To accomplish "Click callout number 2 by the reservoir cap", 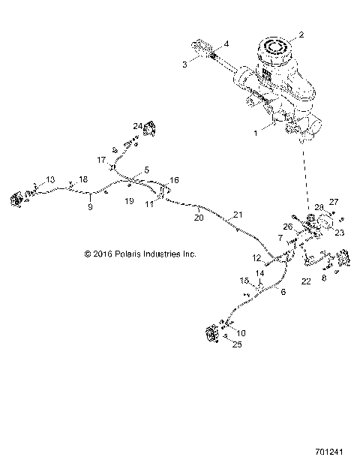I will click(301, 35).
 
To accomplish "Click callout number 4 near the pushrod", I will click(227, 43).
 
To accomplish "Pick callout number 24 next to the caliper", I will click(137, 125).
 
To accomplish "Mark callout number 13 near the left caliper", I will click(50, 179).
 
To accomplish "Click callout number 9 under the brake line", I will click(90, 206).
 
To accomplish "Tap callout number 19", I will click(129, 202).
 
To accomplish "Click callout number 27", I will click(334, 201).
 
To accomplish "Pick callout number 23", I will click(338, 233).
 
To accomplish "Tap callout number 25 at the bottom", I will click(237, 345).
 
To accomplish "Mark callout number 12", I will click(256, 257).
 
